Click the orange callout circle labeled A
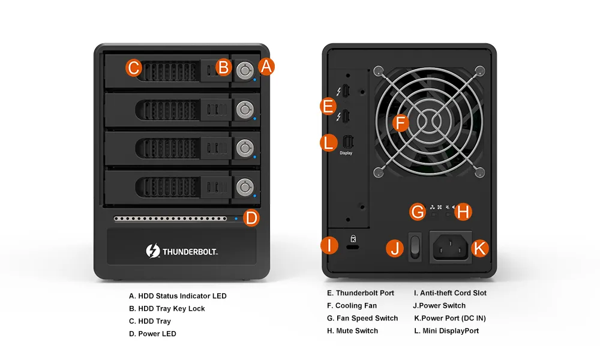coord(266,67)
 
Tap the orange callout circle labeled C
coord(134,68)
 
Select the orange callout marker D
coord(251,218)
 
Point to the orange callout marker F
coord(401,123)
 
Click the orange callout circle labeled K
coord(479,248)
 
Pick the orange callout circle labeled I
coord(329,245)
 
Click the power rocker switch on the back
coord(415,247)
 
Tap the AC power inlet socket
coord(451,247)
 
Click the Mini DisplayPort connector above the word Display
coord(348,142)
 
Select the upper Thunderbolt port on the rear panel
coord(346,91)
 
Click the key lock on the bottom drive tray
coord(245,187)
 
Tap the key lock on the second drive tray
coord(245,110)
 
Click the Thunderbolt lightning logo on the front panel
coord(152,251)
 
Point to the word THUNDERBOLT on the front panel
coord(190,252)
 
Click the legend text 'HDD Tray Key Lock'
coord(172,308)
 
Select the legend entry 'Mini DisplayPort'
coord(451,331)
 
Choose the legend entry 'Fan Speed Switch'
coord(367,318)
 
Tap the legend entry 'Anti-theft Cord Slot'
coord(453,293)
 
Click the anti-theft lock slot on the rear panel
coord(353,247)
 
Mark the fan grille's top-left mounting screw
coord(378,71)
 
